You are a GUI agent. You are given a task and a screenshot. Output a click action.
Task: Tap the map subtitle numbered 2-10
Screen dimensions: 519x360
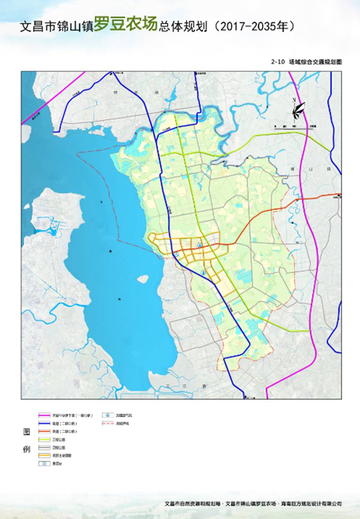[307, 62]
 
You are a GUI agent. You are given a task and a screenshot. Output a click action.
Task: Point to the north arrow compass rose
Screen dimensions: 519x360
[297, 109]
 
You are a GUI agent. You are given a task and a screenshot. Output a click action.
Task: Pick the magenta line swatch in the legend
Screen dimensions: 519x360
[44, 415]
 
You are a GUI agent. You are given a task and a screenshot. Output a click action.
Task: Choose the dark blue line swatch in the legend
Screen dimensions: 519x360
[44, 423]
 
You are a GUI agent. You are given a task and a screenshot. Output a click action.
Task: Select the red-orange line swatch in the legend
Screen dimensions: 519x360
[44, 431]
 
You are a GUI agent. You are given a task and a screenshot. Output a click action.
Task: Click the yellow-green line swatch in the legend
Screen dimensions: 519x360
[44, 439]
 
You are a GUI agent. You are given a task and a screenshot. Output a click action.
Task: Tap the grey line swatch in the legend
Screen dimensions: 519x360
[44, 448]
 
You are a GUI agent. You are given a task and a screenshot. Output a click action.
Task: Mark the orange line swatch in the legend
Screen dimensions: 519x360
[44, 456]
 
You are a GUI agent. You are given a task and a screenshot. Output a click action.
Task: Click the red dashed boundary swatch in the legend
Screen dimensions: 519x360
[108, 423]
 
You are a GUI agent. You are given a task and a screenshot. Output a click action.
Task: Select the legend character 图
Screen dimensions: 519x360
[26, 432]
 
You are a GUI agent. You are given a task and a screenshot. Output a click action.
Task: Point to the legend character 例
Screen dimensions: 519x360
[26, 449]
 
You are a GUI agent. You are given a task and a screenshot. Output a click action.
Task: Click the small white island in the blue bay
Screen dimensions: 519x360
[143, 279]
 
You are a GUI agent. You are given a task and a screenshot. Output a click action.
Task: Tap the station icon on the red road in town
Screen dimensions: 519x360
[200, 244]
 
